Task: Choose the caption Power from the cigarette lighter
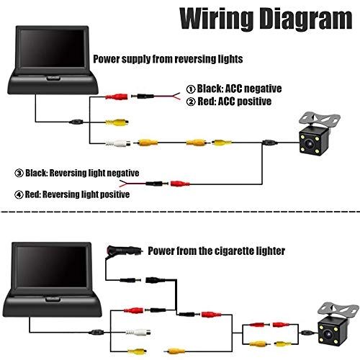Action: (216, 251)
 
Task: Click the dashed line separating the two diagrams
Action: (180, 212)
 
